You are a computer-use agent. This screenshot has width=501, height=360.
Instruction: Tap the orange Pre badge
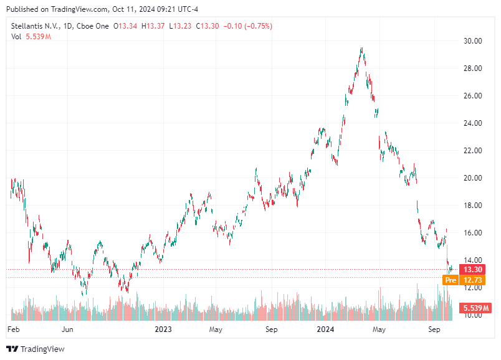coord(451,280)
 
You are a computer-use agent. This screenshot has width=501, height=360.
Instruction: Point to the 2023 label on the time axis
coord(163,328)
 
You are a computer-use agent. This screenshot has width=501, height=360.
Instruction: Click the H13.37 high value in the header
coord(154,26)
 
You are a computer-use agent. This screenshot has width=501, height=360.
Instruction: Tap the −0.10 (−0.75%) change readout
coord(247,26)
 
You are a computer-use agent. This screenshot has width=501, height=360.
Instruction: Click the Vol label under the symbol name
coord(17,37)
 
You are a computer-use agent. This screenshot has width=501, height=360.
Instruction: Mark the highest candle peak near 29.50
coord(361,48)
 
